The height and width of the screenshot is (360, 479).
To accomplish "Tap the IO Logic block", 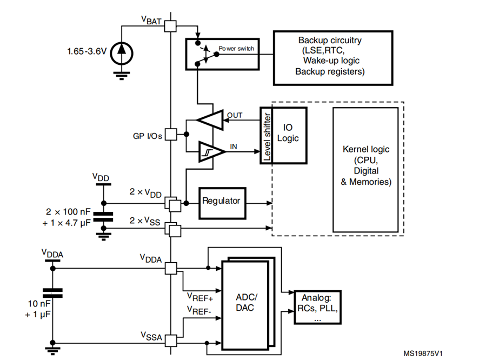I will [289, 135].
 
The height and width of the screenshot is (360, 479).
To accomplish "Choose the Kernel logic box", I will [365, 165].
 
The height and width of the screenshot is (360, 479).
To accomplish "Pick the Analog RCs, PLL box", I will [318, 306].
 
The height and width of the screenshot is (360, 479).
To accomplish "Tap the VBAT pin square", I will [170, 25].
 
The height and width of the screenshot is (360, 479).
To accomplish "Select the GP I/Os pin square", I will [170, 135].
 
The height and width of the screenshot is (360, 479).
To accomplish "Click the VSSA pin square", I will [170, 341].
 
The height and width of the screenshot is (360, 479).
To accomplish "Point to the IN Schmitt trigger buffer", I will [210, 151].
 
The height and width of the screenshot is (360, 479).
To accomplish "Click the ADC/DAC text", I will [248, 302].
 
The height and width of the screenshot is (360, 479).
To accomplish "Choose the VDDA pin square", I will [170, 268].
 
